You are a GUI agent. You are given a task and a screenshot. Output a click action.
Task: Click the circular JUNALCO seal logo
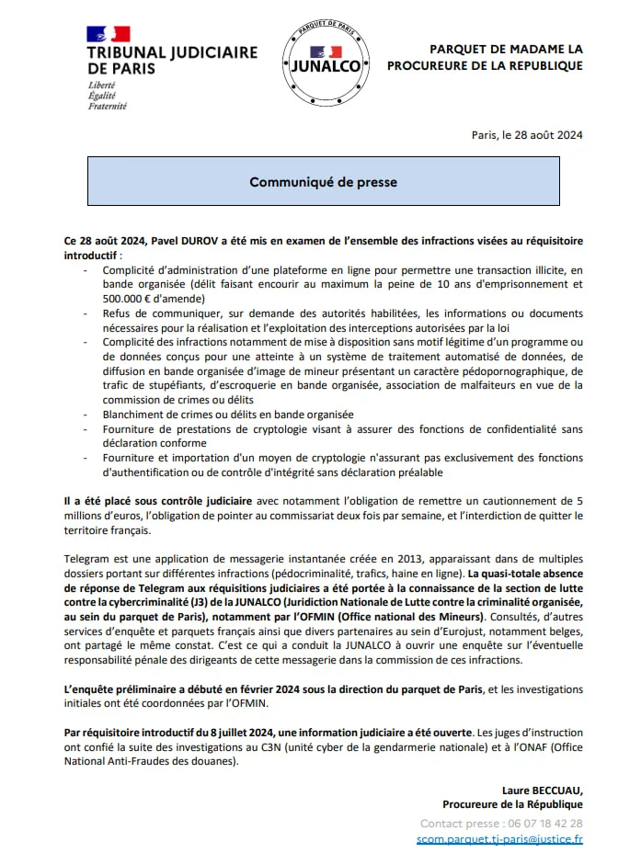click(327, 58)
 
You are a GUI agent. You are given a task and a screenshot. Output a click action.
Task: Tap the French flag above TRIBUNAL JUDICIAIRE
click(108, 34)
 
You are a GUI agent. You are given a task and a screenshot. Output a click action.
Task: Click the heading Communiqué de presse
click(323, 182)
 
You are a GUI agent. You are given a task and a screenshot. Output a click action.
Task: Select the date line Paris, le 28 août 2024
click(527, 135)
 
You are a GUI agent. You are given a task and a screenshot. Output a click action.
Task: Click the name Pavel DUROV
click(174, 241)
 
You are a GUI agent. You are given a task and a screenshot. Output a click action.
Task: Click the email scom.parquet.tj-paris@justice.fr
click(499, 838)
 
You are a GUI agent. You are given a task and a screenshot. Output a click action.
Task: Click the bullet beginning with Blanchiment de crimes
click(227, 415)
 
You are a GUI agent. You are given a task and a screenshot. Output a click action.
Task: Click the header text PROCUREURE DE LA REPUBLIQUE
click(485, 65)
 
